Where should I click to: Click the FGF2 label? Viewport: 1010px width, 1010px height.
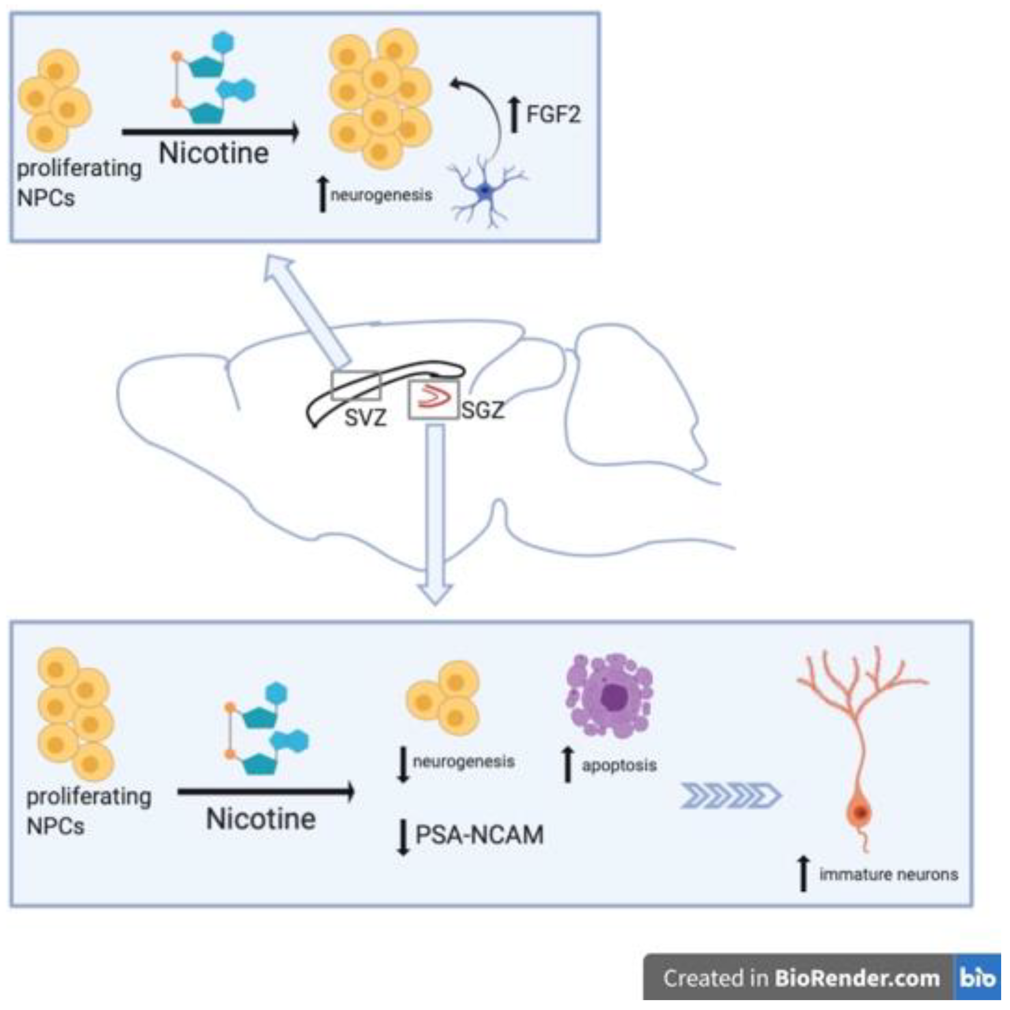(553, 114)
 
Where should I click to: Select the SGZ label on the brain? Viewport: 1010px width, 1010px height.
(483, 410)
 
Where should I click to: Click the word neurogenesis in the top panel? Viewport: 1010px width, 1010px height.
(381, 195)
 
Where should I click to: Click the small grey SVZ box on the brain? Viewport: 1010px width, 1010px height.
(356, 385)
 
